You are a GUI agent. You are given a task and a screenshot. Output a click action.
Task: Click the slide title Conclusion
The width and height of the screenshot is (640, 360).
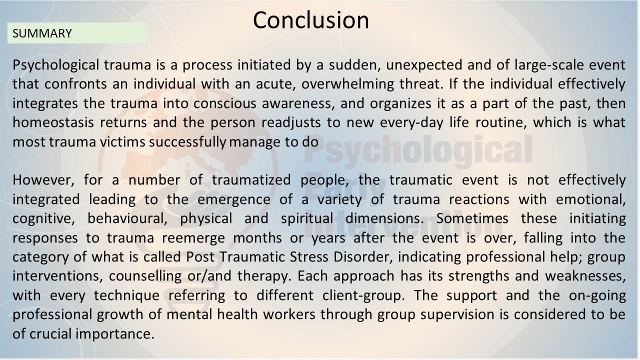(311, 20)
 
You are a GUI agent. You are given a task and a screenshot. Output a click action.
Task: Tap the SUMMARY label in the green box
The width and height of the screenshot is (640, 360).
(42, 33)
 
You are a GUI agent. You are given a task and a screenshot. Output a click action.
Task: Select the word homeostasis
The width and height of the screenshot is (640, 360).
(53, 122)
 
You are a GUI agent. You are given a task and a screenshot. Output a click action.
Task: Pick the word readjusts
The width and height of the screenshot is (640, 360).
(291, 123)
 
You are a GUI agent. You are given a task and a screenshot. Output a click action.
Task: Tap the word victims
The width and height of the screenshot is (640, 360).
(122, 142)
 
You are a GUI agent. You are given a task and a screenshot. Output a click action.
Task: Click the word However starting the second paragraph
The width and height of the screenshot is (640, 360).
(43, 180)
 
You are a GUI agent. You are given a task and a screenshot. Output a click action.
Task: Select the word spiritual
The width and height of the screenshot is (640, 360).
(307, 219)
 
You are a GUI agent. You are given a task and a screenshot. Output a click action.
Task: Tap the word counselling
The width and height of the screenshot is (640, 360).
(145, 276)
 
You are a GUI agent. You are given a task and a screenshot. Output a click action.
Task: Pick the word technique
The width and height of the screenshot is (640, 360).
(126, 295)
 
